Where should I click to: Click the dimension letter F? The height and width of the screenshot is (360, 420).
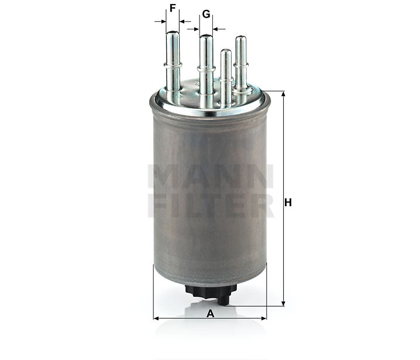coord(173,8)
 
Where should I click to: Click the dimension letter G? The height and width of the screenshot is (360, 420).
coord(206,14)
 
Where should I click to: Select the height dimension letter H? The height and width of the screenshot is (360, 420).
coord(288,203)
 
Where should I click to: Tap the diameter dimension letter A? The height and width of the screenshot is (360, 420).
coord(210,313)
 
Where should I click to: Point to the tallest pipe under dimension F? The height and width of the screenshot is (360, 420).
coord(173,59)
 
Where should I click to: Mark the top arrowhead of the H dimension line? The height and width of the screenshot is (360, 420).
coord(283,94)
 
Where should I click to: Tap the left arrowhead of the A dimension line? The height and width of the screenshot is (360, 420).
coord(156,318)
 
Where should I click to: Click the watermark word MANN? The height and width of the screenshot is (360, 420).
coord(211,176)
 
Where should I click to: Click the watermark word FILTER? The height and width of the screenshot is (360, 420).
coord(211,206)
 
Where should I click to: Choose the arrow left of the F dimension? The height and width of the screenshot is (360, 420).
coord(160,21)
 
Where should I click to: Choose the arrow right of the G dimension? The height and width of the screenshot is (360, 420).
coord(219,28)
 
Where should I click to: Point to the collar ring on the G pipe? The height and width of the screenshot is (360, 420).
coord(206,69)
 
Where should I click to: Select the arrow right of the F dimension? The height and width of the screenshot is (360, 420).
coord(185,21)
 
